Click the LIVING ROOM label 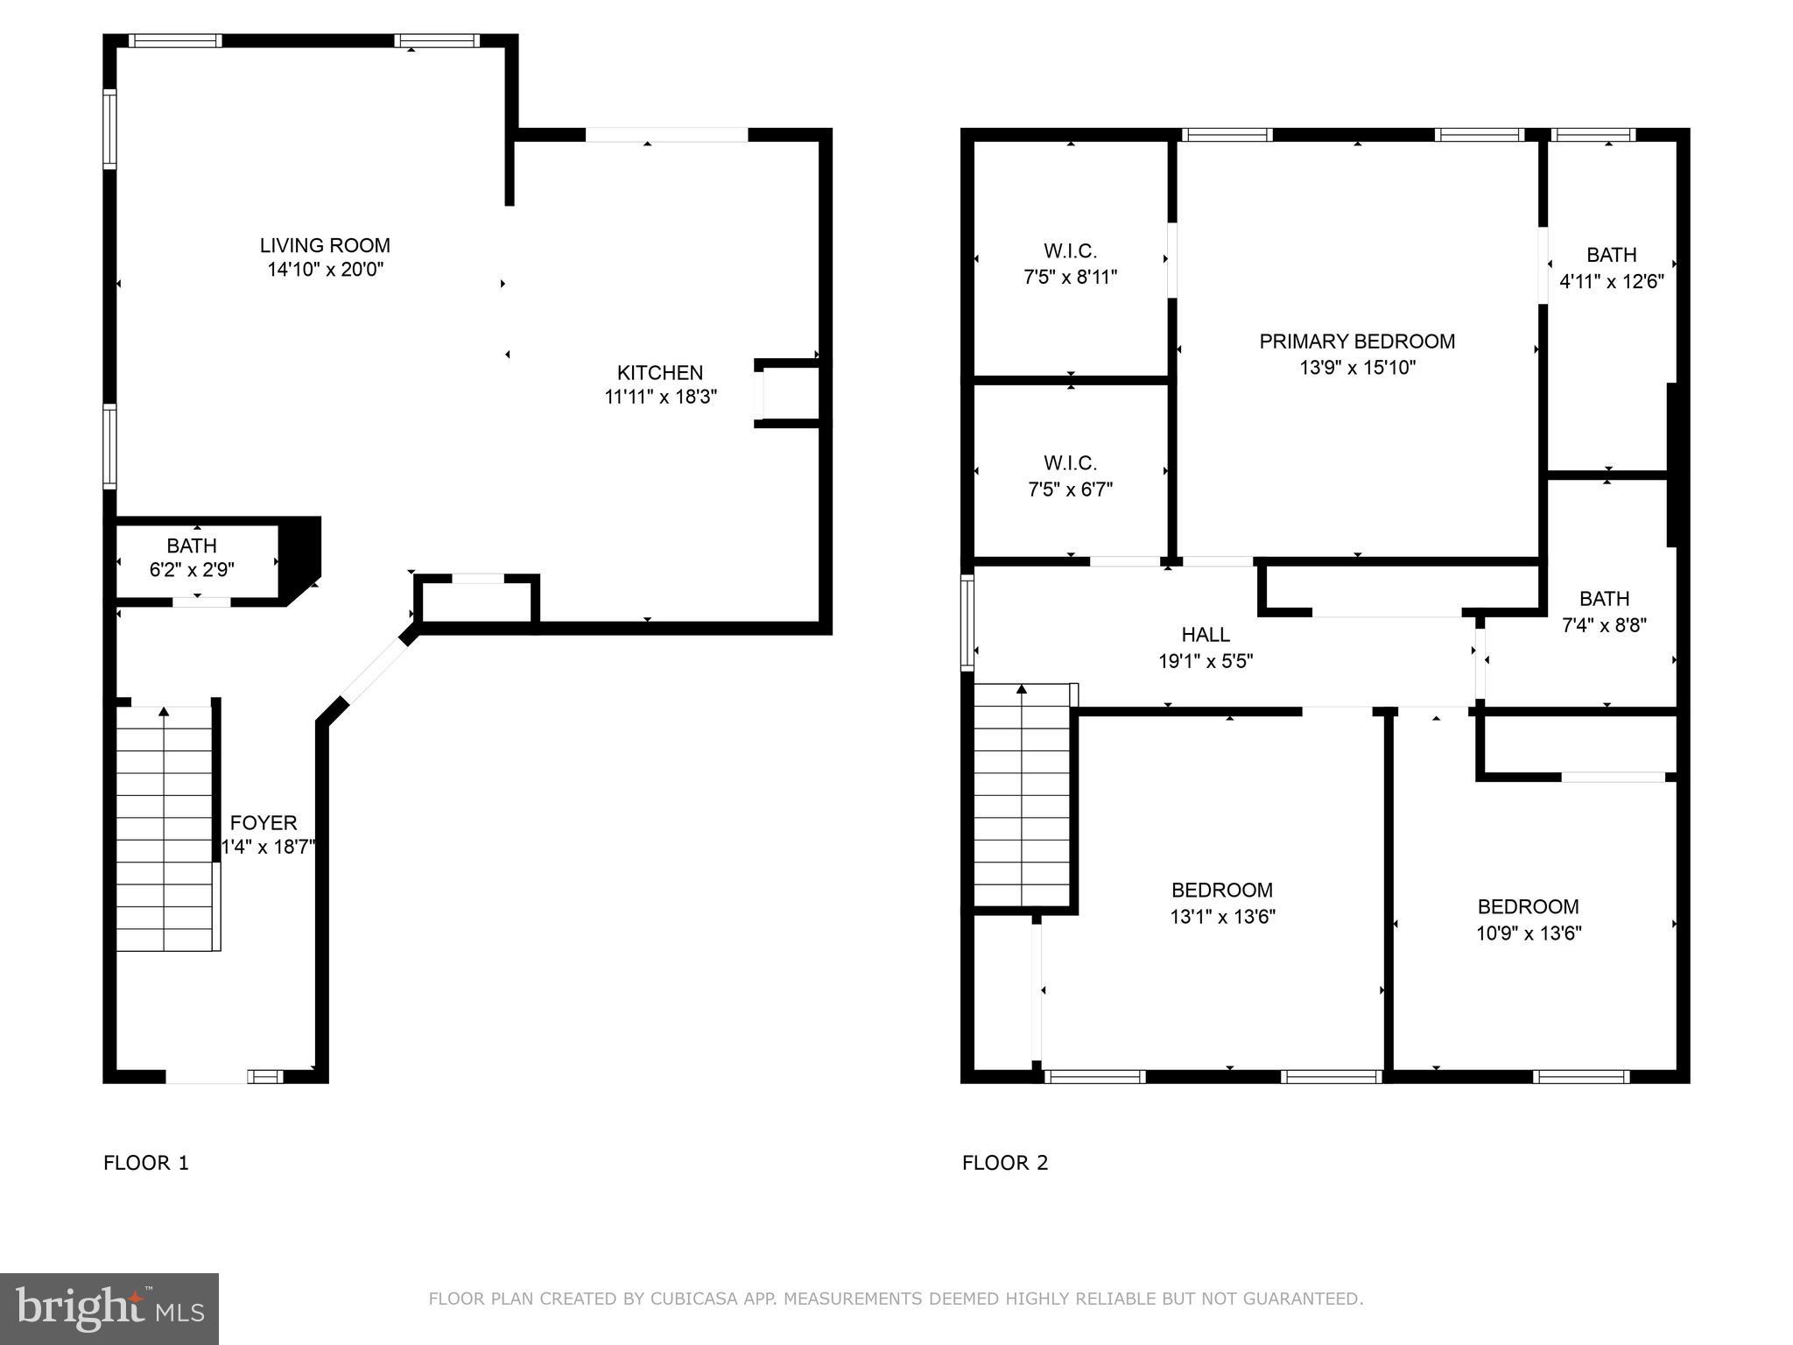[x=325, y=246]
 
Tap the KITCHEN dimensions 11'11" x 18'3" [x=660, y=398]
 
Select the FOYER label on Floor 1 [x=264, y=823]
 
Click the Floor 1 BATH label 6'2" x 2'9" [x=192, y=558]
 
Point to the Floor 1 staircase [x=165, y=827]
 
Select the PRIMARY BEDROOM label [x=1357, y=342]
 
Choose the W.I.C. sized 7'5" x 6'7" [x=1070, y=475]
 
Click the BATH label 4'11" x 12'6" [x=1611, y=268]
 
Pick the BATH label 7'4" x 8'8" [x=1604, y=612]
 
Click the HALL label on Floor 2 [x=1206, y=635]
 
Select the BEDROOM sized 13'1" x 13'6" [x=1222, y=903]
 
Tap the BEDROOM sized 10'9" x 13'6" [x=1528, y=919]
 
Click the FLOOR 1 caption [x=146, y=1163]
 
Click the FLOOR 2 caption [x=1004, y=1163]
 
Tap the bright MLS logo [x=109, y=1309]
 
